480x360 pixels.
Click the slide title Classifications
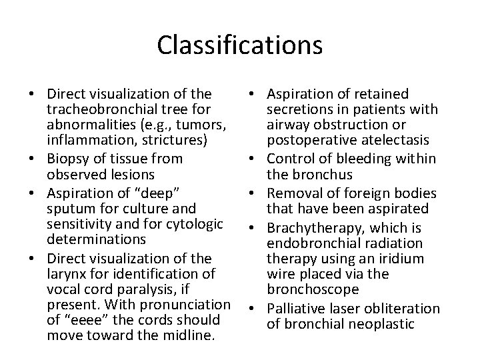click(240, 45)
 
